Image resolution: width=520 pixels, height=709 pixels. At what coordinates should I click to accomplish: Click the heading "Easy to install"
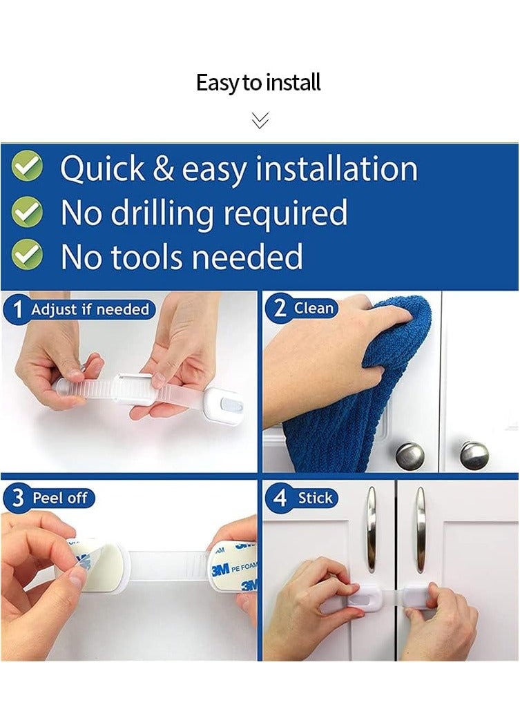click(258, 83)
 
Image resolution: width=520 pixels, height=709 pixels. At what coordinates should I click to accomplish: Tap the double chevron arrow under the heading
click(260, 120)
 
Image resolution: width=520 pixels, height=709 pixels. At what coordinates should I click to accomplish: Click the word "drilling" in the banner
click(162, 213)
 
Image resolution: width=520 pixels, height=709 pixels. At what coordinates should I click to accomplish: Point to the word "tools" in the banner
click(147, 256)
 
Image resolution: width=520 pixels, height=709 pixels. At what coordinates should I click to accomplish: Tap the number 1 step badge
click(17, 310)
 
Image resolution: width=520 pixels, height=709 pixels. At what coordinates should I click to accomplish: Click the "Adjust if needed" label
click(90, 309)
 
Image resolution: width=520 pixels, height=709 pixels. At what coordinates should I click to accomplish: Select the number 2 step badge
click(280, 309)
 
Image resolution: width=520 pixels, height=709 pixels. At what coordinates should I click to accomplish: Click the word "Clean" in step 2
click(314, 308)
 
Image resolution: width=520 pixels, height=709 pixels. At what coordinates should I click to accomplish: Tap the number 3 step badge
click(17, 498)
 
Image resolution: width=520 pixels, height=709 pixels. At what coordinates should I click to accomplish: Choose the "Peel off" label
click(59, 498)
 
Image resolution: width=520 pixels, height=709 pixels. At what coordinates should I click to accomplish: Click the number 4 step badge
click(280, 498)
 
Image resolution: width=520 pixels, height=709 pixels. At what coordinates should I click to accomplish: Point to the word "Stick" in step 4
click(315, 498)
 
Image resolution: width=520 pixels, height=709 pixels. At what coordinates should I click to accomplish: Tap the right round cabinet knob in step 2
click(474, 455)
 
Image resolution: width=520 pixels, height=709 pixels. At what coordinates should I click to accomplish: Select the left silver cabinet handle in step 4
click(372, 530)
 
